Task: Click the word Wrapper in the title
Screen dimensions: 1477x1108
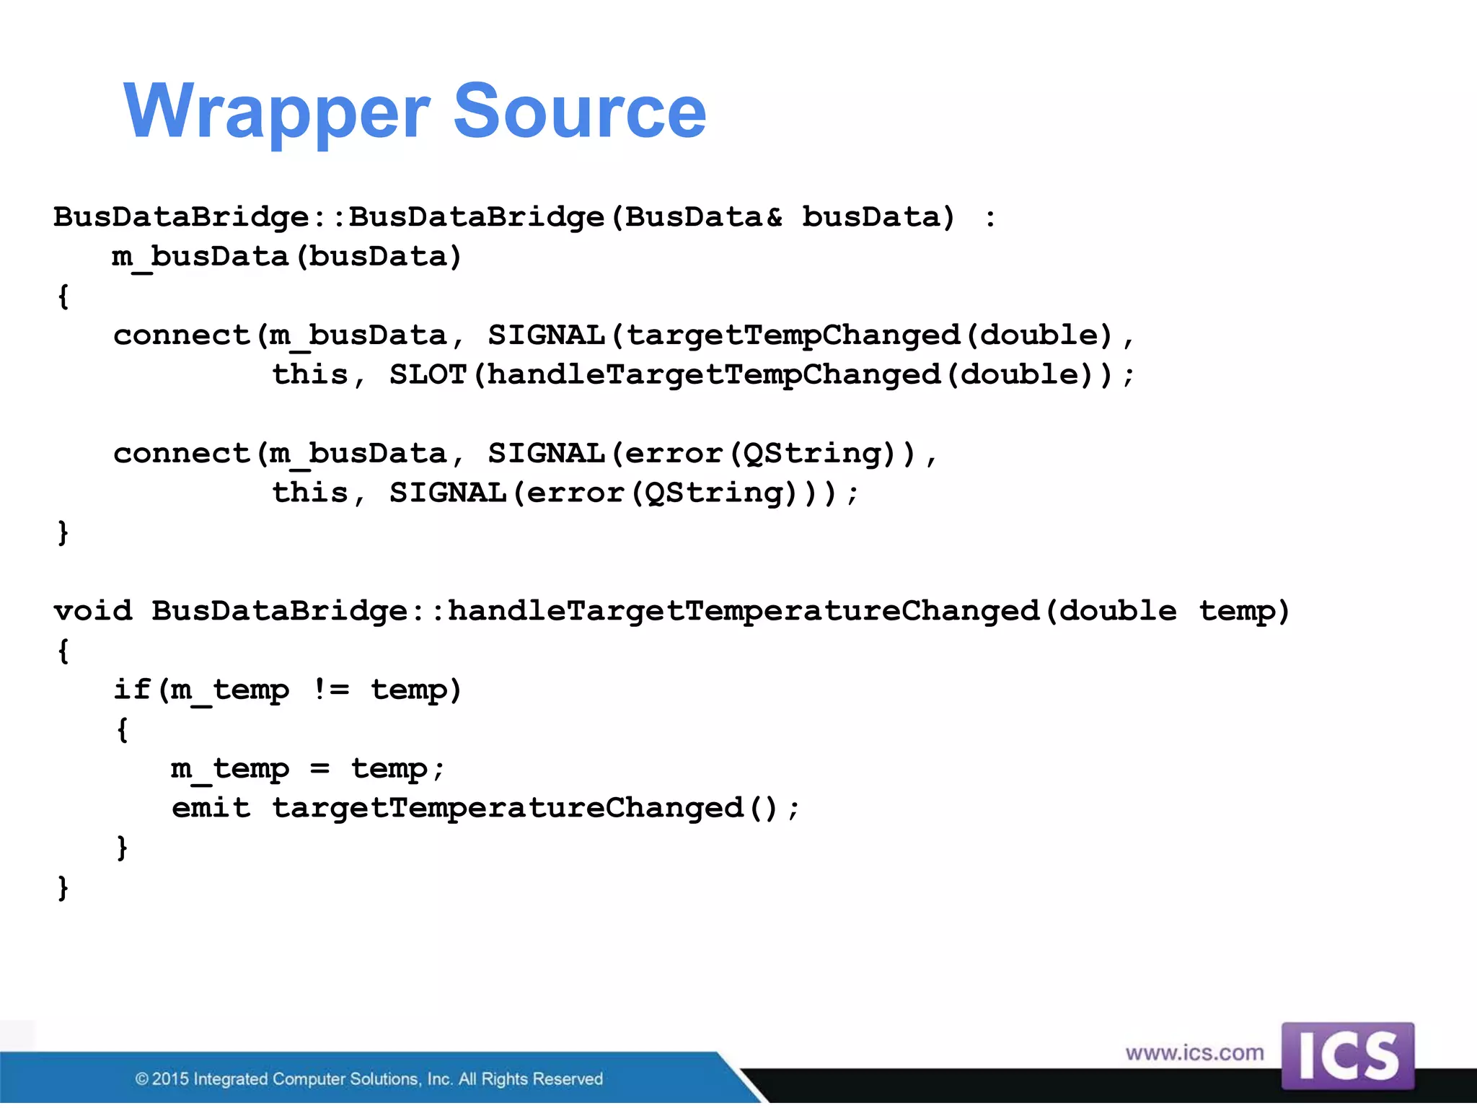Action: tap(277, 112)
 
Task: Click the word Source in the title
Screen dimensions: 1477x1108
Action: tap(580, 112)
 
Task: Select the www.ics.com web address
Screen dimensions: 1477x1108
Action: tap(1194, 1052)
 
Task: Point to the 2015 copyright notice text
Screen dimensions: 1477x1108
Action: tap(369, 1078)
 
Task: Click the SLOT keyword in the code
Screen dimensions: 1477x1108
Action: tap(428, 374)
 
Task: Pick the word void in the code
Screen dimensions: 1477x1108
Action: tap(93, 611)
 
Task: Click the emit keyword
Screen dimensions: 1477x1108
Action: tap(211, 808)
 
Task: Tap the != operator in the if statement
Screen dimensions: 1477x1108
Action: tap(331, 690)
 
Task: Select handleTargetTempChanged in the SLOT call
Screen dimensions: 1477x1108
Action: tap(714, 374)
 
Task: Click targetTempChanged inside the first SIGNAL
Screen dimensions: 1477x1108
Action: tap(793, 335)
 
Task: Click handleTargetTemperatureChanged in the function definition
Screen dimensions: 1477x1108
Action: tap(743, 611)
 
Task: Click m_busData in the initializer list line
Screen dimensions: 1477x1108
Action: tap(200, 257)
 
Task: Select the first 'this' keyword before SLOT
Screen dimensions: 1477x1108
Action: tap(309, 374)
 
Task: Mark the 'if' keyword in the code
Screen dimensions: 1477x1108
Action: tap(132, 690)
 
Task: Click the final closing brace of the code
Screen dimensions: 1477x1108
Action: tap(63, 887)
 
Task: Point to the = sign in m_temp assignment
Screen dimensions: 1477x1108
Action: tap(320, 769)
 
